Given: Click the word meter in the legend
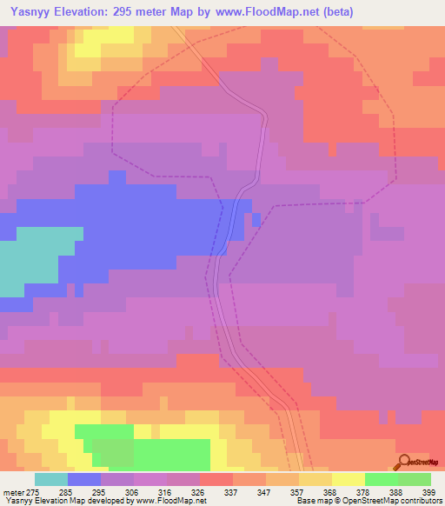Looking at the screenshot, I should [12, 492].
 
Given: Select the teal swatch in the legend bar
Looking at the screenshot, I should [50, 479].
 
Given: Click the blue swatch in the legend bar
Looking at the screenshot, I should [83, 479].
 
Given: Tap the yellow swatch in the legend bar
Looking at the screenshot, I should [348, 479].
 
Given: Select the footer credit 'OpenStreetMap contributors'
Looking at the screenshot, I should [400, 501].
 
